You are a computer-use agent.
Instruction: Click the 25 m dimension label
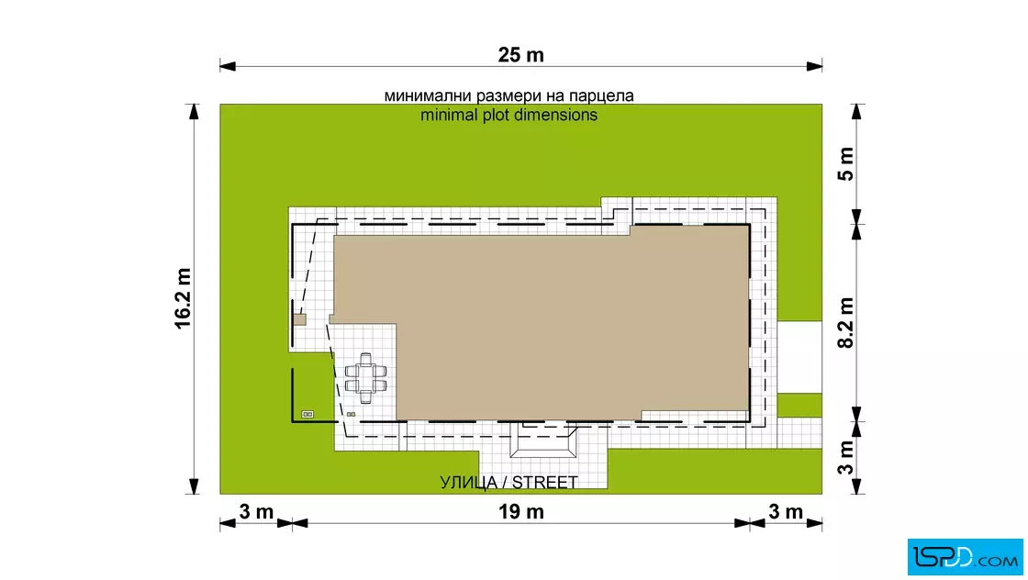click(x=520, y=55)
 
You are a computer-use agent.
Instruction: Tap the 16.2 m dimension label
click(x=183, y=298)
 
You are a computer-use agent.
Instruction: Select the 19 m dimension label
click(x=520, y=511)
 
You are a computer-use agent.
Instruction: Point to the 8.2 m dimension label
click(x=846, y=322)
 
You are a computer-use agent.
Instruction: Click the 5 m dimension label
click(x=846, y=164)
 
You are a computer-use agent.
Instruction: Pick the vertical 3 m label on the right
click(x=846, y=457)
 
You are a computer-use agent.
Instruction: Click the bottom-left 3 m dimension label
click(x=256, y=511)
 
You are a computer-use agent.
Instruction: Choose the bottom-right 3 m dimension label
click(x=786, y=511)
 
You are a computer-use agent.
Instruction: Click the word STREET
click(x=545, y=483)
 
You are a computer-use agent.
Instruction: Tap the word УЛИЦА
click(x=468, y=483)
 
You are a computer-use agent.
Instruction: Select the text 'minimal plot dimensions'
click(x=508, y=116)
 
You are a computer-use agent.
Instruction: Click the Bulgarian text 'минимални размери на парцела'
click(x=508, y=95)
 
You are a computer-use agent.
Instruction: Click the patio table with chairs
click(x=366, y=378)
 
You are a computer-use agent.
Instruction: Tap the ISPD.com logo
click(x=965, y=557)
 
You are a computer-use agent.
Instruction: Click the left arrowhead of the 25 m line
click(x=228, y=65)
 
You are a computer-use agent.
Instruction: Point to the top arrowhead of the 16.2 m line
click(x=194, y=112)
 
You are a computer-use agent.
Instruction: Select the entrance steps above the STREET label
click(x=543, y=441)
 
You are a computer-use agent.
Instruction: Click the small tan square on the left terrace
click(x=299, y=319)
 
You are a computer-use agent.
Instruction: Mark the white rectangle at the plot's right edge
click(x=799, y=357)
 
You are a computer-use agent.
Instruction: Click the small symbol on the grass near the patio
click(x=307, y=414)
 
